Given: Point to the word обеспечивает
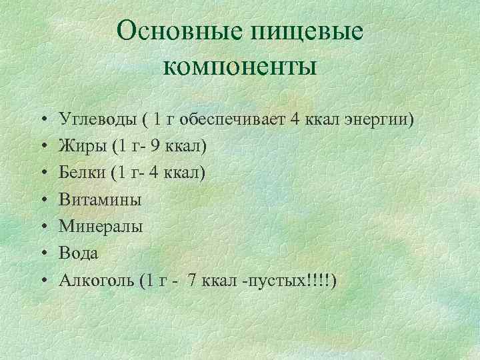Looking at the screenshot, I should point(231,119).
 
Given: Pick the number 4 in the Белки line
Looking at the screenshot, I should point(155,173).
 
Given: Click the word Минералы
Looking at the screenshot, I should point(101,227).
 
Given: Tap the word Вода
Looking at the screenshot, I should point(79,253).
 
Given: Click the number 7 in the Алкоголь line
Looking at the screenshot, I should point(193,280).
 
